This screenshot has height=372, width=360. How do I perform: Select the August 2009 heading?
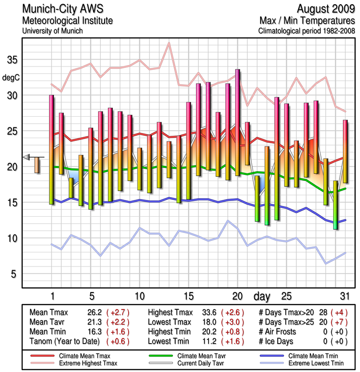coord(324,9)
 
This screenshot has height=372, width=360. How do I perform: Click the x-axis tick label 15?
coord(189,296)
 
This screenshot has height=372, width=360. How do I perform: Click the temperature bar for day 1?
coord(52,149)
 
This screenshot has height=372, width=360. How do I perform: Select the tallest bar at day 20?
coord(238,122)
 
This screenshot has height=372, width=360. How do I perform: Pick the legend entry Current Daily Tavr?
coord(191,362)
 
